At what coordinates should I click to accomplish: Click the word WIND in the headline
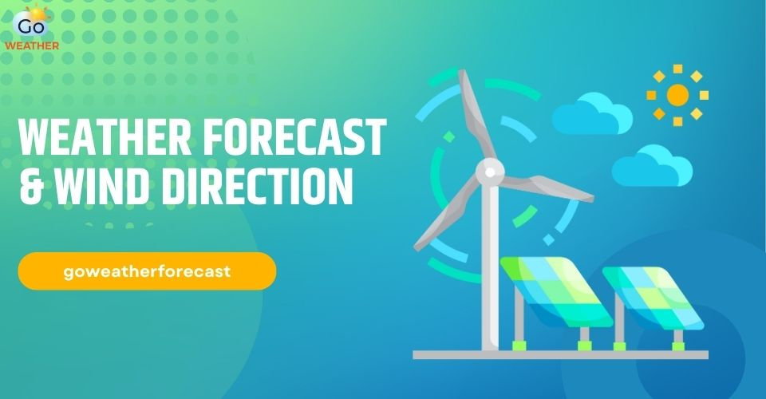(100, 184)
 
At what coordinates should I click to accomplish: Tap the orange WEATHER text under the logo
(32, 45)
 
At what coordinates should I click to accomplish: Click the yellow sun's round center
(677, 96)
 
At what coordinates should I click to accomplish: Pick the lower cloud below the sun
(651, 166)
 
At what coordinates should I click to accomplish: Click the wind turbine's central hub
(490, 169)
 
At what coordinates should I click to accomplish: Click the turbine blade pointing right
(551, 188)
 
